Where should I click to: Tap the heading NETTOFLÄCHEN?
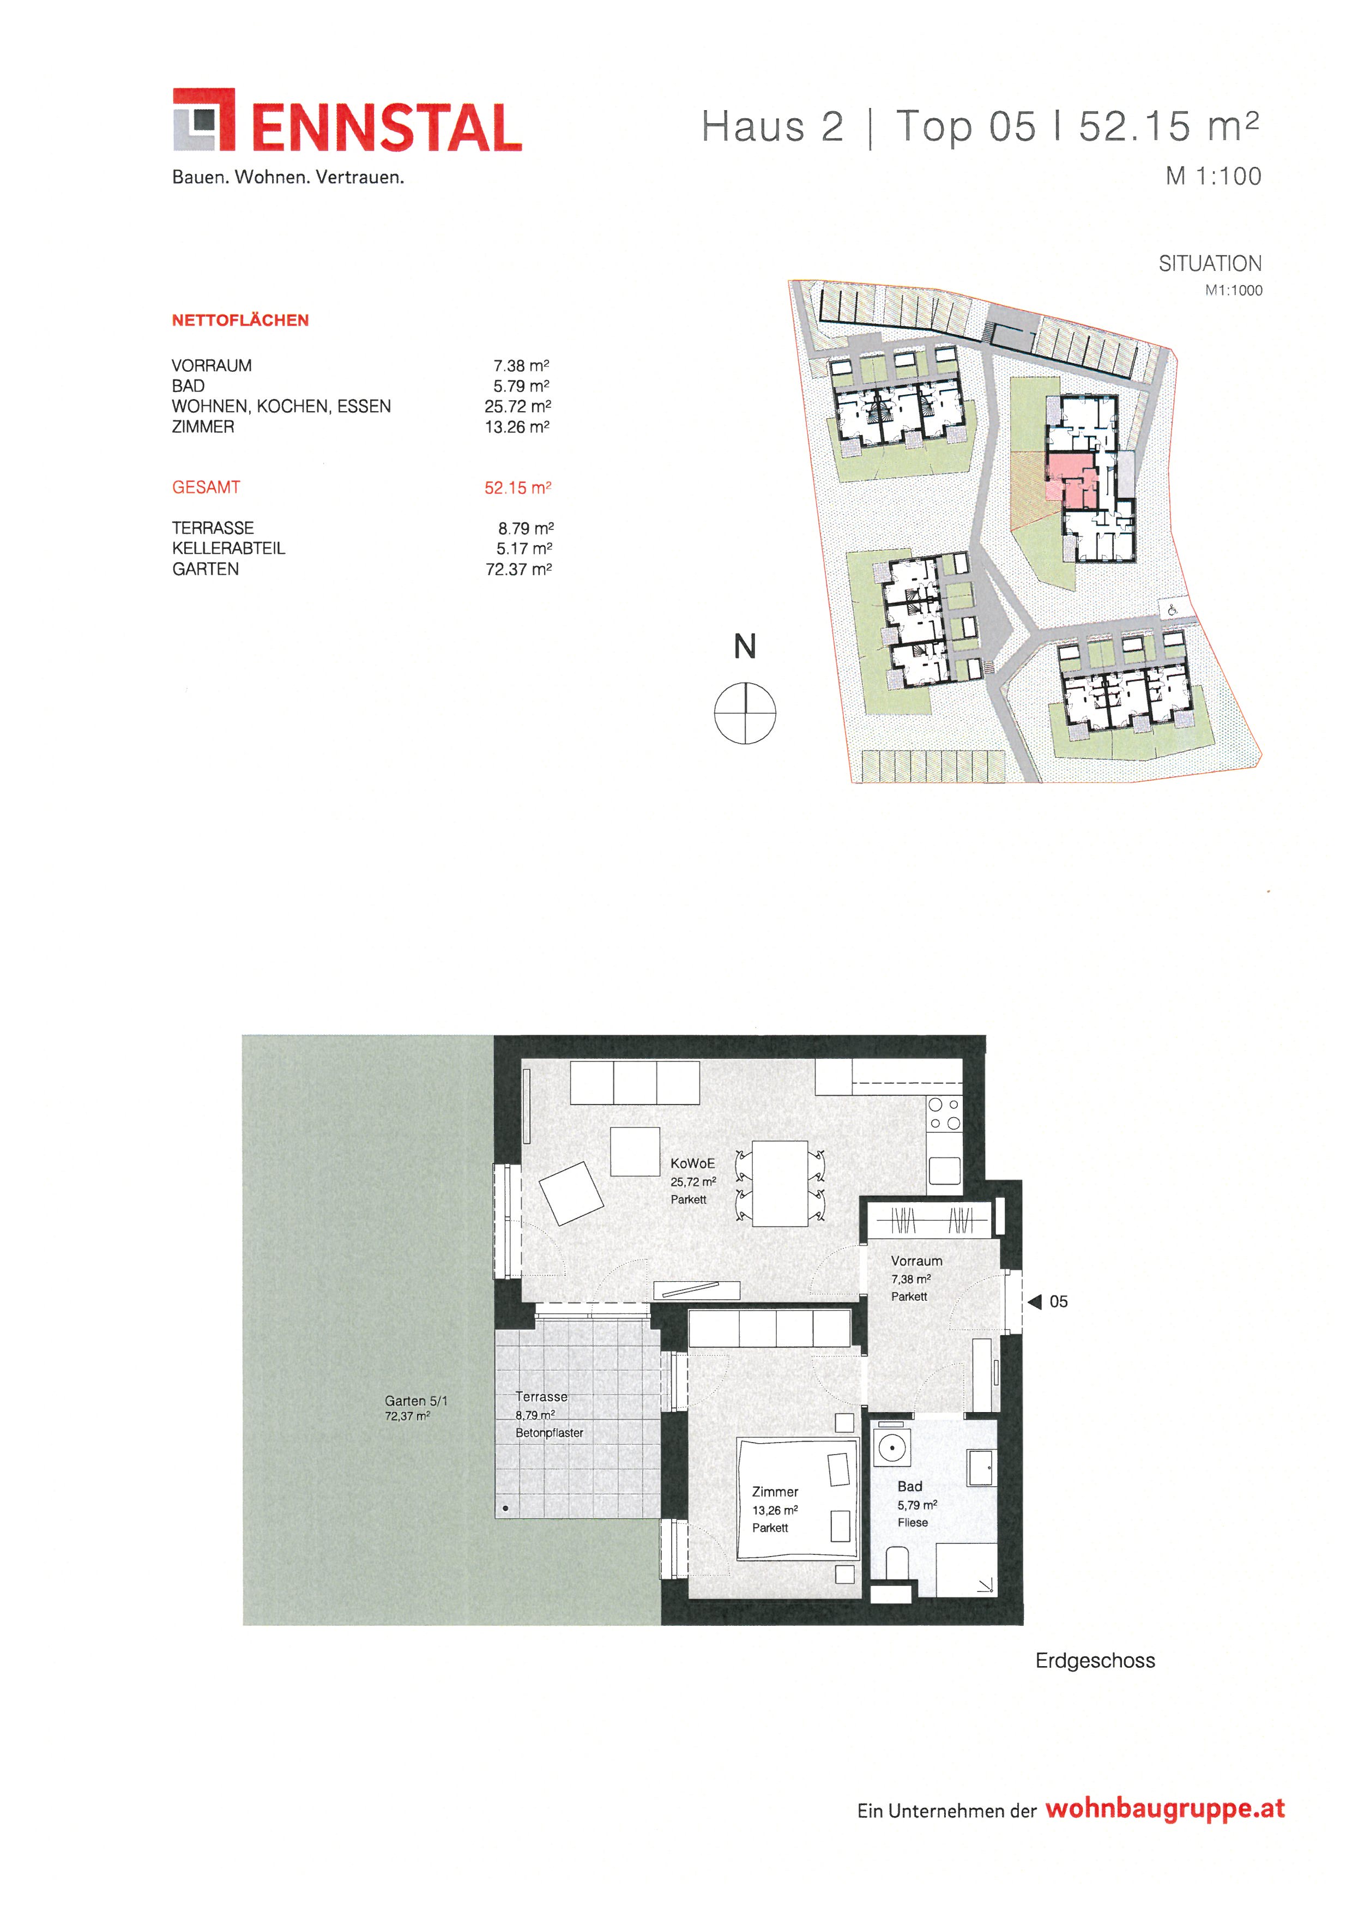point(240,320)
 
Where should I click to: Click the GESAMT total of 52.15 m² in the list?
point(518,487)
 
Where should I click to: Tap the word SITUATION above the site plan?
point(1210,263)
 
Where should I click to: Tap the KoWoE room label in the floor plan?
point(693,1163)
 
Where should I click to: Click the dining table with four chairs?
point(780,1183)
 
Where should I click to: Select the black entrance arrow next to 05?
point(1035,1301)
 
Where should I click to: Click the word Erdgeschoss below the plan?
point(1095,1661)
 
